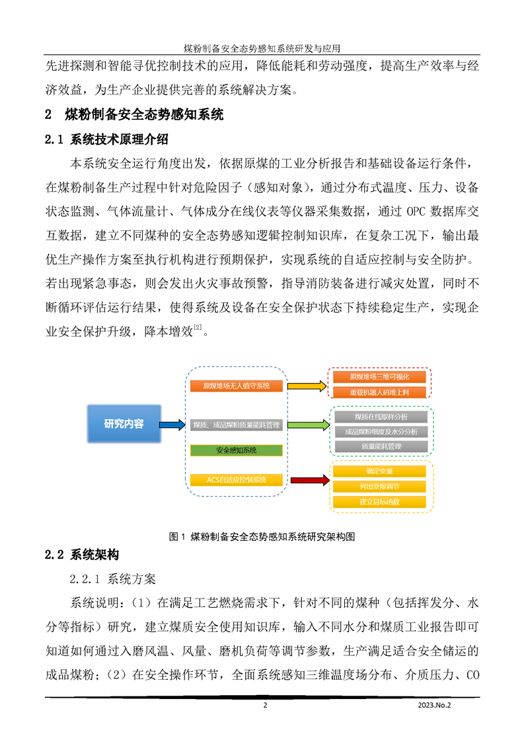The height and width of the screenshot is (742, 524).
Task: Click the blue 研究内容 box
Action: point(124,423)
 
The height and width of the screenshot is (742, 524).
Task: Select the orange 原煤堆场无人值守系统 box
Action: point(236,386)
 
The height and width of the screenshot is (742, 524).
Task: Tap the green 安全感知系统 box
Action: point(236,450)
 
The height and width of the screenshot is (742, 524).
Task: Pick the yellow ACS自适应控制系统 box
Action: point(236,480)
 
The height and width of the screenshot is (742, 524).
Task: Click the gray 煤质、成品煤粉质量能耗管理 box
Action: point(236,425)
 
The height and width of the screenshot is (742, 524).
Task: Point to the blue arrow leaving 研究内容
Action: point(172,425)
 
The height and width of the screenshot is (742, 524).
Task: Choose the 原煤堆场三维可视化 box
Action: point(380,377)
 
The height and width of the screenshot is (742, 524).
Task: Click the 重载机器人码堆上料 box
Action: point(380,392)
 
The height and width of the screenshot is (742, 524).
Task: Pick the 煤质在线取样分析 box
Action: point(380,417)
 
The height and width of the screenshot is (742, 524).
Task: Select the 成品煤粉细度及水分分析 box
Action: point(380,431)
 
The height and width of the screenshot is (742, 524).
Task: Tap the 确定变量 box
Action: point(380,472)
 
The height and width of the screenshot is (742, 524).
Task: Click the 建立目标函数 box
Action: point(380,502)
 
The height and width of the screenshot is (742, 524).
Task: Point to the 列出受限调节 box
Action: point(380,487)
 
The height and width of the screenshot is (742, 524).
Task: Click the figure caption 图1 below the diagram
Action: point(262,536)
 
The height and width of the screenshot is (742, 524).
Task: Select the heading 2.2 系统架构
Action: point(82,554)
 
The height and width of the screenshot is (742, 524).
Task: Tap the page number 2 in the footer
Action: point(266,705)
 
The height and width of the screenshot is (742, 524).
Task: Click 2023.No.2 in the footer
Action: point(434,705)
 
